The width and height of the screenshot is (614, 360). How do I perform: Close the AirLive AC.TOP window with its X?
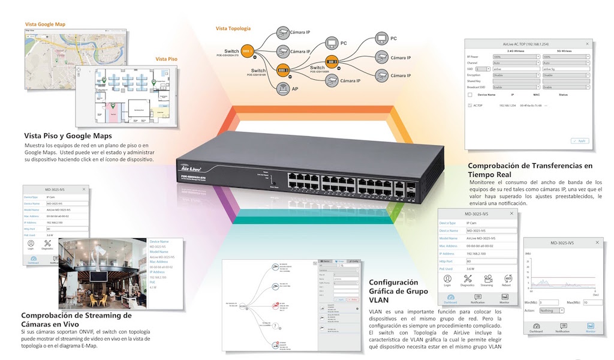[x=588, y=44]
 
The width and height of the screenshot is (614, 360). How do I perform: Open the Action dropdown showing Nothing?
[x=552, y=311]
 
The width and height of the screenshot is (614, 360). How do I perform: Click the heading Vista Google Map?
[x=45, y=25]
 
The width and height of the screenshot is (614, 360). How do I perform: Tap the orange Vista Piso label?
[x=166, y=59]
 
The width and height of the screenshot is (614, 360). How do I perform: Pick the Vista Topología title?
[x=233, y=28]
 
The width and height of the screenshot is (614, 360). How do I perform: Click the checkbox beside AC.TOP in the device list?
[x=470, y=105]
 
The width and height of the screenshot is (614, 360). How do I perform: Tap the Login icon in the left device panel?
[x=31, y=245]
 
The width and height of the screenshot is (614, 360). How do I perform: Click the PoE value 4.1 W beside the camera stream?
[x=153, y=288]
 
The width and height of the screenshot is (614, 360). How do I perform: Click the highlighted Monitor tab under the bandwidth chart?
[x=591, y=328]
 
